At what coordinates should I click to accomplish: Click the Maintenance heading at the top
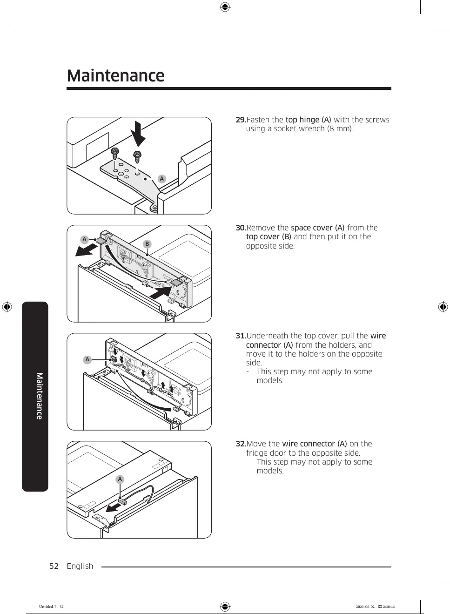tap(115, 76)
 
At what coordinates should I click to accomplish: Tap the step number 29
tap(240, 120)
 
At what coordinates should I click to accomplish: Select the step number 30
tap(240, 228)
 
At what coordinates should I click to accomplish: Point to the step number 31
tap(240, 336)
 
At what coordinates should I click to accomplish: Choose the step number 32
tap(240, 444)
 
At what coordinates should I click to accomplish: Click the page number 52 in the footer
tap(54, 566)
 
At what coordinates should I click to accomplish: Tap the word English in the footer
tap(80, 566)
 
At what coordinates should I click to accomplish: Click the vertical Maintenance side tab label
tap(40, 396)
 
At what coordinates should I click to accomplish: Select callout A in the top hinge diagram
tap(161, 179)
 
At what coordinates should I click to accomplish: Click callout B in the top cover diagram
tap(147, 244)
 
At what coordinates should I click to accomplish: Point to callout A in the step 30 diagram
tap(84, 240)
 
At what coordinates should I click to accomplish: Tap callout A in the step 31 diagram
tap(87, 359)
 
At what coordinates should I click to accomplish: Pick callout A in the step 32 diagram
tap(120, 479)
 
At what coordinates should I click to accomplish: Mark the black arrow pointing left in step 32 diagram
tap(113, 506)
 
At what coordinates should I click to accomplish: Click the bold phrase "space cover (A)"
tap(317, 228)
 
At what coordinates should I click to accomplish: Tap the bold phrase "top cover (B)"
tap(269, 237)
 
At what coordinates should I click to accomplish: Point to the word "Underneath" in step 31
tap(267, 336)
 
